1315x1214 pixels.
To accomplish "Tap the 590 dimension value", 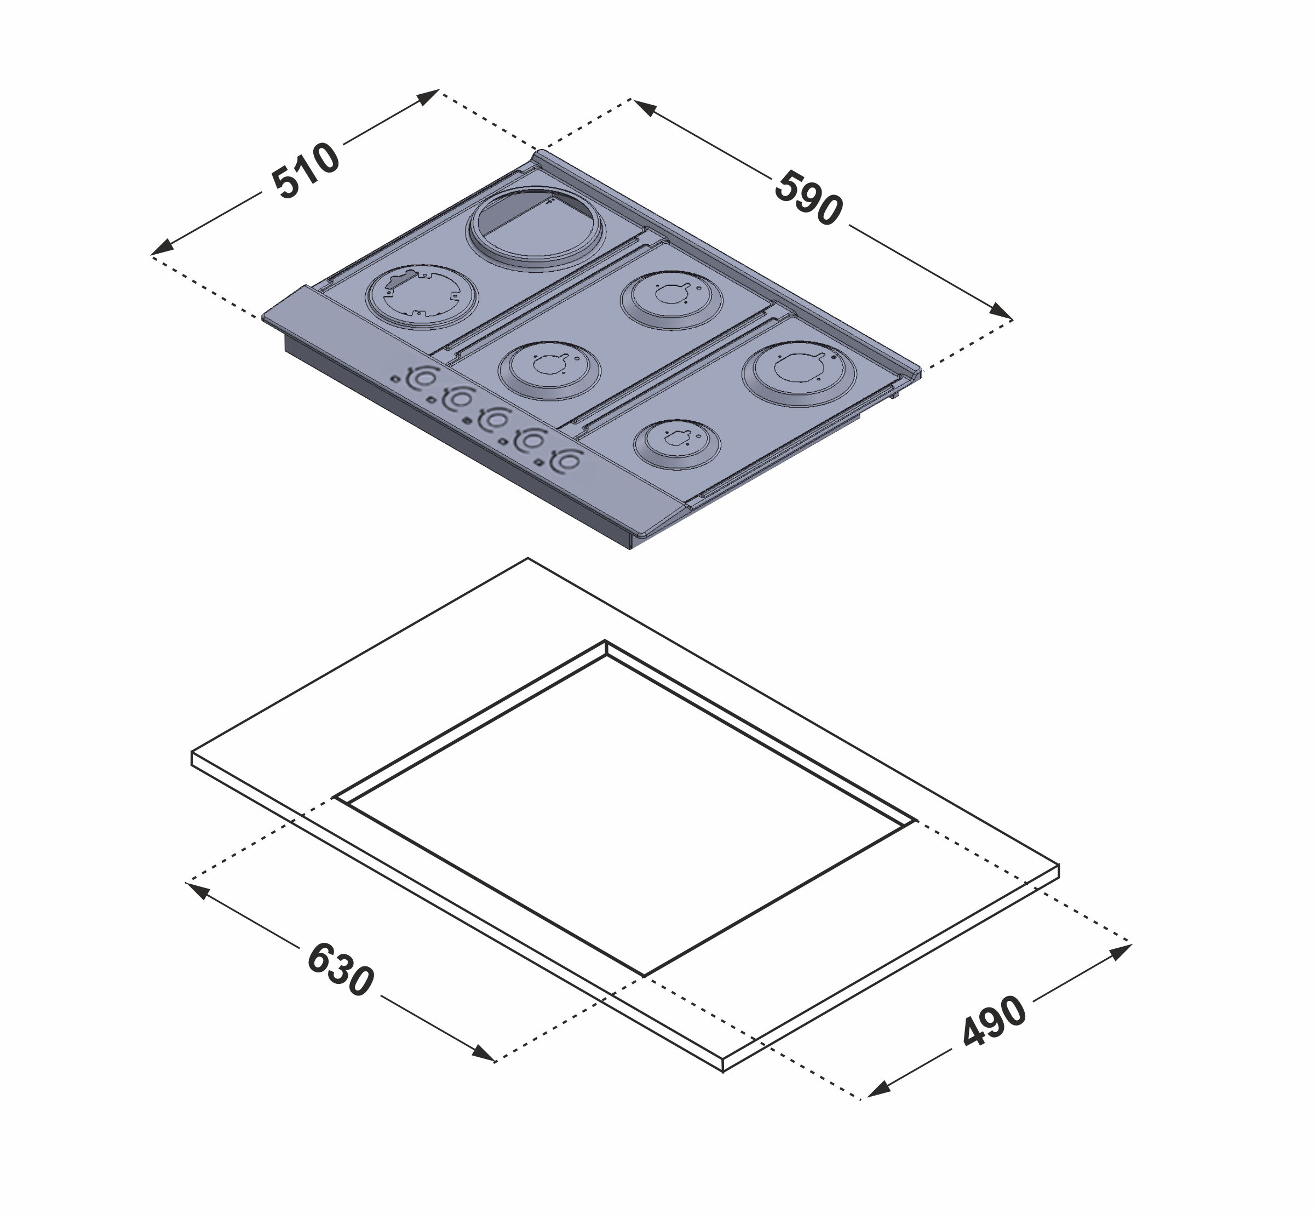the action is tap(808, 198).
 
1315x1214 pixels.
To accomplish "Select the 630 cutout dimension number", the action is tap(340, 970).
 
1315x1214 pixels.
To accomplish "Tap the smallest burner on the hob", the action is tap(676, 444).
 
